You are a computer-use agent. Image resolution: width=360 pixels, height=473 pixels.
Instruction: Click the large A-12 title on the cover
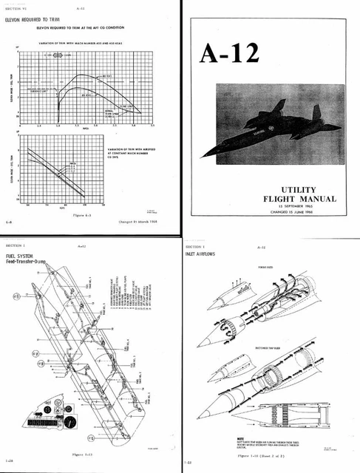(231, 54)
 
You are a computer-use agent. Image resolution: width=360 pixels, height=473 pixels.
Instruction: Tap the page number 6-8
(8, 221)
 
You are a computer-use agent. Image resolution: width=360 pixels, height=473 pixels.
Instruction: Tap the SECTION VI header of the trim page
(16, 6)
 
